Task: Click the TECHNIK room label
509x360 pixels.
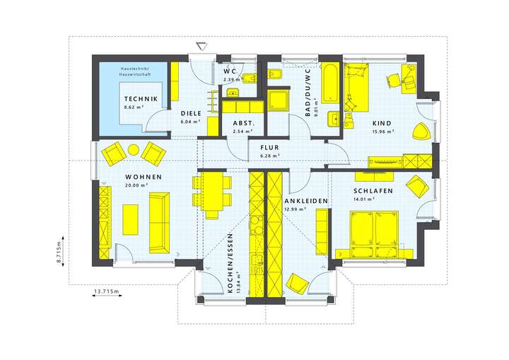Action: tap(141, 99)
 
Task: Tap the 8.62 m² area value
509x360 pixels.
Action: tap(134, 108)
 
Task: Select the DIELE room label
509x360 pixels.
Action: tap(191, 113)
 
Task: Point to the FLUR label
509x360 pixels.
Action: tap(269, 147)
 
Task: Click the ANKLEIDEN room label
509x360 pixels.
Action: tap(305, 201)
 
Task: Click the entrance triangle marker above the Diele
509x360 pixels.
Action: tap(203, 47)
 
